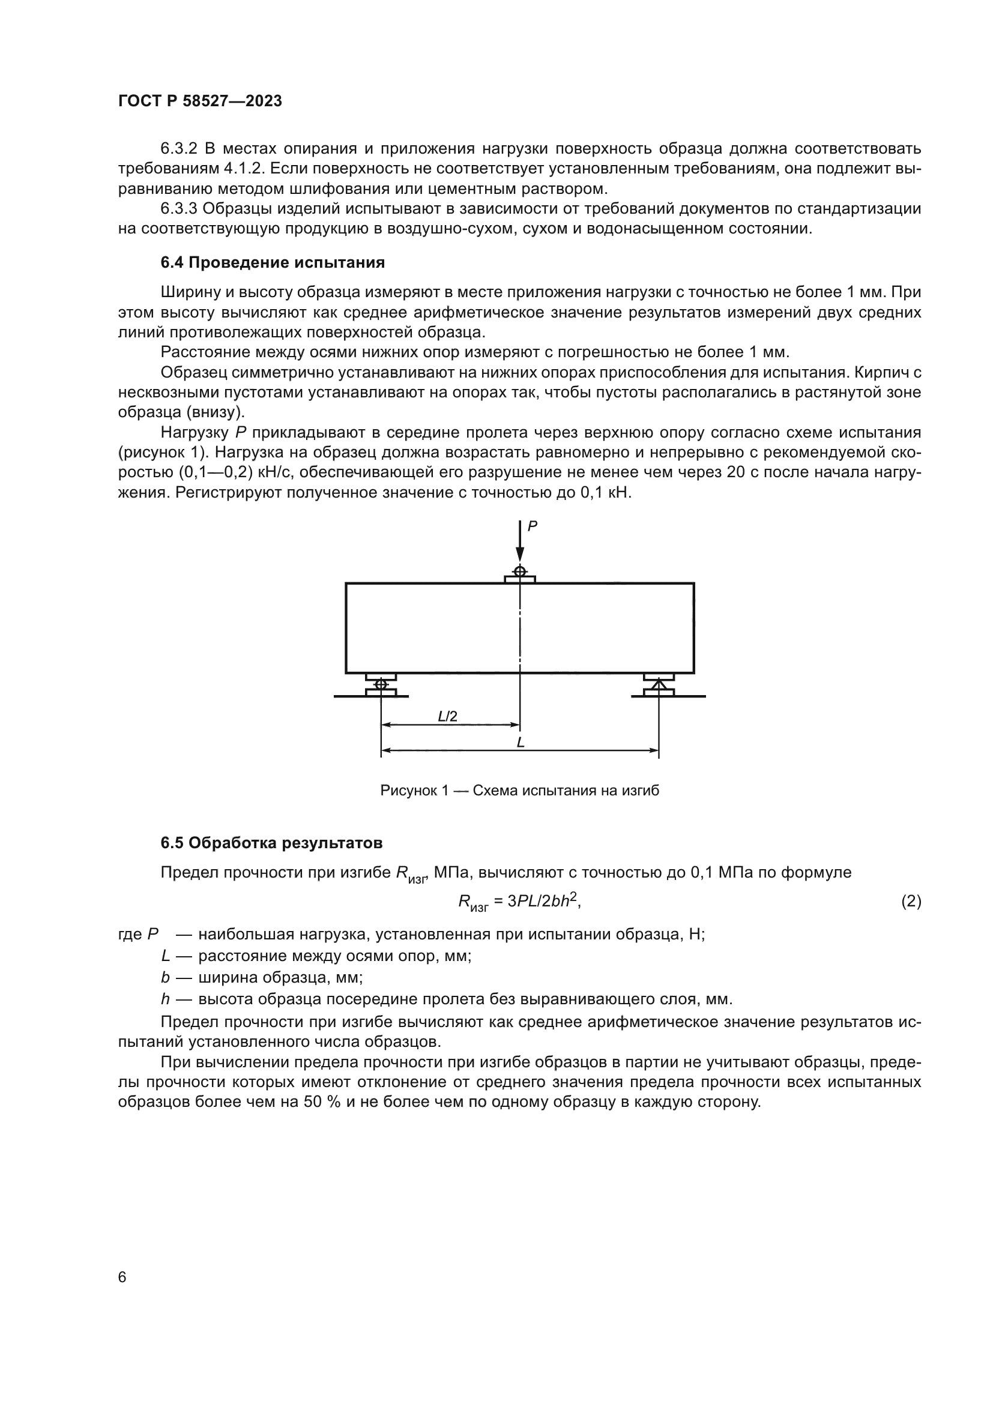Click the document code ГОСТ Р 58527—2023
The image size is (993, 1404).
(x=200, y=101)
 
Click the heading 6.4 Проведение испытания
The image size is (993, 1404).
(x=273, y=263)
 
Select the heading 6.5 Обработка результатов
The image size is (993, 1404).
(x=271, y=843)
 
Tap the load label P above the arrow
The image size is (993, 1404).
(x=532, y=526)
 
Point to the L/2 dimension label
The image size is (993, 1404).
(x=448, y=716)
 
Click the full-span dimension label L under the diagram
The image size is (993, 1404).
(x=521, y=743)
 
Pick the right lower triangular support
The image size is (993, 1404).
(x=659, y=685)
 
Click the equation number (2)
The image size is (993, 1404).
(x=911, y=902)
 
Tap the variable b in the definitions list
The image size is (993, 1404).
(x=164, y=977)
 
